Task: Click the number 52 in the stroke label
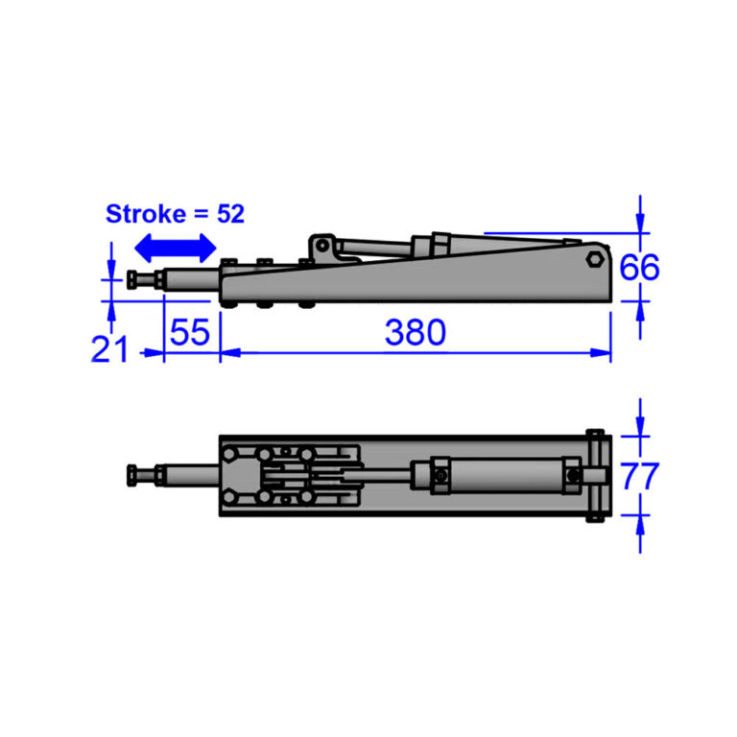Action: coord(230,213)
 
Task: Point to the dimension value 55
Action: coord(189,333)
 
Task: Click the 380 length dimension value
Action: coord(416,333)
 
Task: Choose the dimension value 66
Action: coord(639,268)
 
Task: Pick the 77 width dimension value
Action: coord(639,475)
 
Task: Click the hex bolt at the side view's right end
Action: coord(595,259)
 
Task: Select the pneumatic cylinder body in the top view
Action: coord(499,475)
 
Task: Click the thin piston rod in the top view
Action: coord(389,473)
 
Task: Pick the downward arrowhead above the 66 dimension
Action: coord(640,223)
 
